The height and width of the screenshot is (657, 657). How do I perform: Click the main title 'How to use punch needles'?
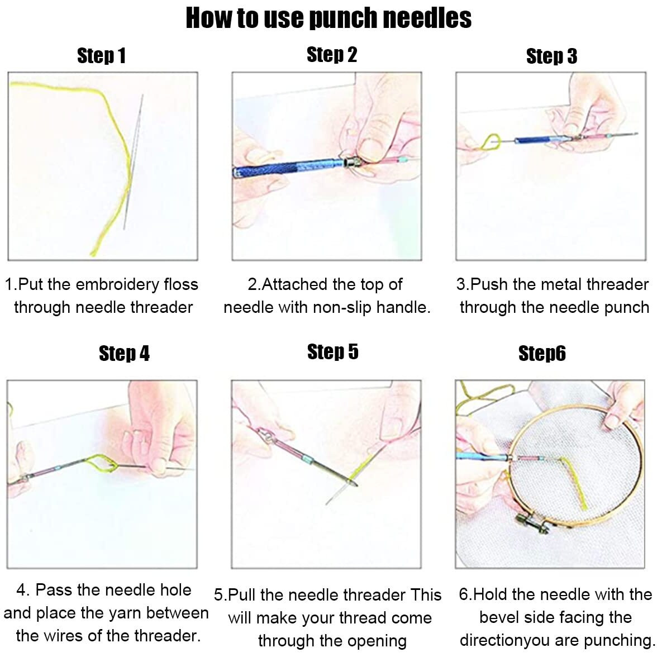[x=328, y=18]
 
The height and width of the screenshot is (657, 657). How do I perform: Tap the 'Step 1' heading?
[x=101, y=56]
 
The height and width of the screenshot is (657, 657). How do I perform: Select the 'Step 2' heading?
[x=331, y=55]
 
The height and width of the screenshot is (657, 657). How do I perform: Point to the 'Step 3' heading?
[x=551, y=56]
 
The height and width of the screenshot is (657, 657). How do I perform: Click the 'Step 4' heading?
[x=124, y=354]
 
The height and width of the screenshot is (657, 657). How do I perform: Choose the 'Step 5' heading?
[x=332, y=352]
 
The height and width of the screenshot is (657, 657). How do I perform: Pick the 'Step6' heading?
[x=542, y=354]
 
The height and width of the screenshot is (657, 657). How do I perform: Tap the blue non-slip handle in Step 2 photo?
[x=279, y=168]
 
